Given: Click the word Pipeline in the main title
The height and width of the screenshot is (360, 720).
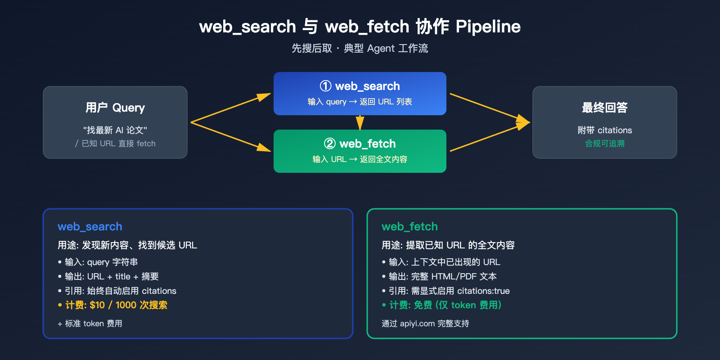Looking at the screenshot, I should point(488,27).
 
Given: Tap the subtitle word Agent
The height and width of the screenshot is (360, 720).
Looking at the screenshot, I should point(381,49).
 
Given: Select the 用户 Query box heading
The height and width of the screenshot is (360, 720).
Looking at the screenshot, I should point(115,108).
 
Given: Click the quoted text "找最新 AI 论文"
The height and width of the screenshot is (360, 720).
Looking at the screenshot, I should point(115,130).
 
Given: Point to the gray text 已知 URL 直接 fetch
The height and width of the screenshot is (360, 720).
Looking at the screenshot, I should point(118,144).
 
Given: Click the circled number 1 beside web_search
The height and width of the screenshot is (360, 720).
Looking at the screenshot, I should point(325,86).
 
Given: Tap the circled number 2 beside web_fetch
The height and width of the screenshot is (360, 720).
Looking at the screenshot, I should point(330,144).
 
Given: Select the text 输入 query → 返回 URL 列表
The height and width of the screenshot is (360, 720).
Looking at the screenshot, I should point(360,102).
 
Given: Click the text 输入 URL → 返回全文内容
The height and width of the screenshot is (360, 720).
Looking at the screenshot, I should point(360,159).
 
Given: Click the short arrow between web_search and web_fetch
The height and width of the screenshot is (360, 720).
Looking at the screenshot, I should point(360,122).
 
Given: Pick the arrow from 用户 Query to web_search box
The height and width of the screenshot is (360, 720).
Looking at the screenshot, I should point(230,108).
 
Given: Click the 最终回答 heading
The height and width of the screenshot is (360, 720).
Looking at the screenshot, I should point(604,108).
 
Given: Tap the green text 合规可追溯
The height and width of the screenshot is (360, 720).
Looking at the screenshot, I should point(604,144).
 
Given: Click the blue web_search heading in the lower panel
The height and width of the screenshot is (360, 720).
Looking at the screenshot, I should point(90,227).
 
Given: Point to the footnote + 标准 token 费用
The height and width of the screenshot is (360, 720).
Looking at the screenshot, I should point(90,324).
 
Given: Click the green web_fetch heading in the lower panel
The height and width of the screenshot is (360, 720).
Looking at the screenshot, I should point(409,227).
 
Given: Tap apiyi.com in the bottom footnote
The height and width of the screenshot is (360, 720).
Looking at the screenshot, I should point(417,324).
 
